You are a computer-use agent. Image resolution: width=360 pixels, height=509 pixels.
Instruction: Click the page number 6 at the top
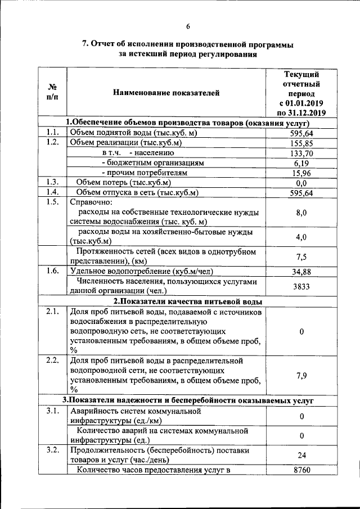[188, 26]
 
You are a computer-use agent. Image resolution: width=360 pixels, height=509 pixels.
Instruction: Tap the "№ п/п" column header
[52, 92]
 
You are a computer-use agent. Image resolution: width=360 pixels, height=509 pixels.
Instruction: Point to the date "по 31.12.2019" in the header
[302, 113]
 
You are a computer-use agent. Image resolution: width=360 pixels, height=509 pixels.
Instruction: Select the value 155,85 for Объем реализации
[301, 143]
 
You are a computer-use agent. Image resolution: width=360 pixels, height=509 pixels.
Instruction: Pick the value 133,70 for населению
[301, 153]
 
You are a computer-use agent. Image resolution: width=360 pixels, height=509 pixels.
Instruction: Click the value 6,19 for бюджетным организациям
[301, 163]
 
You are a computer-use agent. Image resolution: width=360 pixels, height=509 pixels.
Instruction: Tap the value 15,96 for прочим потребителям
[301, 173]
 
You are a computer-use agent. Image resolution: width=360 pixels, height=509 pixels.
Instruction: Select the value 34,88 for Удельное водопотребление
[301, 272]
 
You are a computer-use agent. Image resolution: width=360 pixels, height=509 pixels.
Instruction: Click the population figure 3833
[301, 286]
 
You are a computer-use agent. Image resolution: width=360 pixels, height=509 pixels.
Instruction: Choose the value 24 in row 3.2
[301, 456]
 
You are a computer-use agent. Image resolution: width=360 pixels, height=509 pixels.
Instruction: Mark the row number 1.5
[52, 202]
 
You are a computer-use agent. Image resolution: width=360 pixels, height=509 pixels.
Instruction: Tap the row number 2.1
[52, 311]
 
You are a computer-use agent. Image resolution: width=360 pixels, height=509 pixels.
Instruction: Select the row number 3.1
[52, 411]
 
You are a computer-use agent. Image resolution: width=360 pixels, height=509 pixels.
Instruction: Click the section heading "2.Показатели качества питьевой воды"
[188, 301]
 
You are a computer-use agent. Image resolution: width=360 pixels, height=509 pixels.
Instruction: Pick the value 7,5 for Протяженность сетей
[301, 256]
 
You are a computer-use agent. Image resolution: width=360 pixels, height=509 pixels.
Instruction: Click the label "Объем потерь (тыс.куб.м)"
[123, 182]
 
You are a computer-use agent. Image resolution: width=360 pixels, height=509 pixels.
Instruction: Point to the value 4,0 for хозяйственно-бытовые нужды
[301, 237]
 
